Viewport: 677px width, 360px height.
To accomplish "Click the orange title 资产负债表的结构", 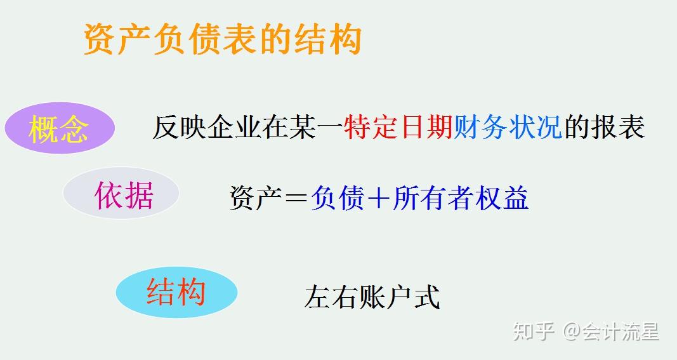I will coord(222,39).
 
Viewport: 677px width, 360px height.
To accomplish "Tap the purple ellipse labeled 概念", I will coord(59,129).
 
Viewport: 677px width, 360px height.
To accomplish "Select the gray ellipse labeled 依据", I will coord(121,194).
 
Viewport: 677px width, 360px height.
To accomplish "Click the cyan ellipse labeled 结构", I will coord(176,292).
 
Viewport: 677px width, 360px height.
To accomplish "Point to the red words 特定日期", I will coord(398,127).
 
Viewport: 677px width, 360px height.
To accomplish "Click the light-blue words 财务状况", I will coord(508,127).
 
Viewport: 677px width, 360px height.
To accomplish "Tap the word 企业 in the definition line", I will coord(233,127).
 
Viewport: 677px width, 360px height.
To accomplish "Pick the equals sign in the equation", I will coord(296,199).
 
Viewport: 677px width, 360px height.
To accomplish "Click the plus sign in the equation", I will coord(379,199).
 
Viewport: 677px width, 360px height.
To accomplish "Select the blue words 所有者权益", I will coord(461,199).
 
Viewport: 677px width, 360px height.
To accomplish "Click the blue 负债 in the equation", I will coord(338,199).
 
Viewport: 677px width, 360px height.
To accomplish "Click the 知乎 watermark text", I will coord(534,331).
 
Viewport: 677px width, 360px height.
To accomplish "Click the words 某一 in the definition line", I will coord(315,127).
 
